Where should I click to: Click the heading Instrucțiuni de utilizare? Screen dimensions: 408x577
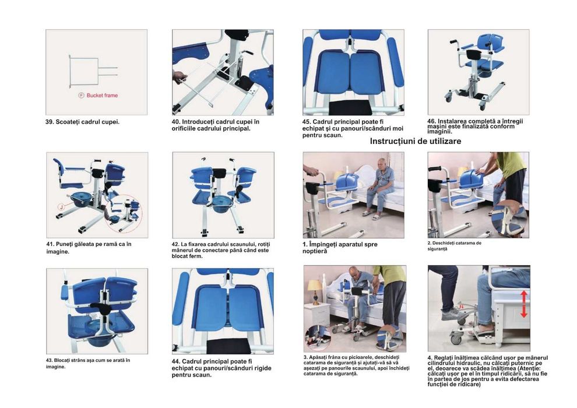tap(416, 141)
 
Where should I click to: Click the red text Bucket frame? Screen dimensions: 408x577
tap(102, 95)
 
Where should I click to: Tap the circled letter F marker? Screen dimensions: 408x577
tap(81, 95)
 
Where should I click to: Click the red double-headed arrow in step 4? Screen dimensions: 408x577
tap(523, 304)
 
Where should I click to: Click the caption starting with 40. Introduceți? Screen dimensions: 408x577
tap(215, 125)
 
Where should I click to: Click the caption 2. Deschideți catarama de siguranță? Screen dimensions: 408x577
tap(454, 245)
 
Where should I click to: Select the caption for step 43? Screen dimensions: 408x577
tap(87, 363)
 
